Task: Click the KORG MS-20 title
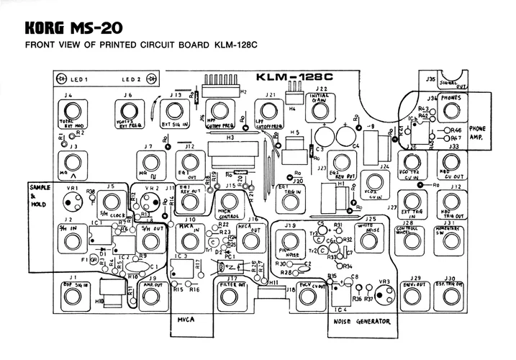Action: (71, 29)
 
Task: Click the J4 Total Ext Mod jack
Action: (69, 112)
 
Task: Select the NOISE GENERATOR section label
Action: (363, 322)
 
